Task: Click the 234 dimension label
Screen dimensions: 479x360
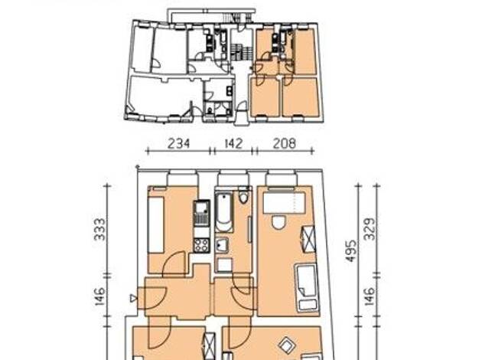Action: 179,143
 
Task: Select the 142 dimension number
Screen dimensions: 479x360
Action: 233,143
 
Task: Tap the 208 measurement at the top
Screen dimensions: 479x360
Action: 285,143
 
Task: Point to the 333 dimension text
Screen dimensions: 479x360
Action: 100,229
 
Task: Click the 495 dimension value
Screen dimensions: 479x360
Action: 351,250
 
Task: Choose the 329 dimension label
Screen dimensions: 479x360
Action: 370,229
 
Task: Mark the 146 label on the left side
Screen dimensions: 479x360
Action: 100,296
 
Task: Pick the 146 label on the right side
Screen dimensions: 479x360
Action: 370,296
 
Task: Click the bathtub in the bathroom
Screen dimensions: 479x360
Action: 224,211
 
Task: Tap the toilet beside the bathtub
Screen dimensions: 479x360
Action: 243,196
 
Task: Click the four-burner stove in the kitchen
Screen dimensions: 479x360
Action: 201,245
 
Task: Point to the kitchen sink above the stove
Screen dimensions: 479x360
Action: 201,213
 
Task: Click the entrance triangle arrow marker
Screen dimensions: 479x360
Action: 133,298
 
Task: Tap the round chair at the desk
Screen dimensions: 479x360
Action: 279,222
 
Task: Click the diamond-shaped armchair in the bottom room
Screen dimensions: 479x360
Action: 288,345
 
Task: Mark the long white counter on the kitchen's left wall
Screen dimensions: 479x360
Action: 156,225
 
